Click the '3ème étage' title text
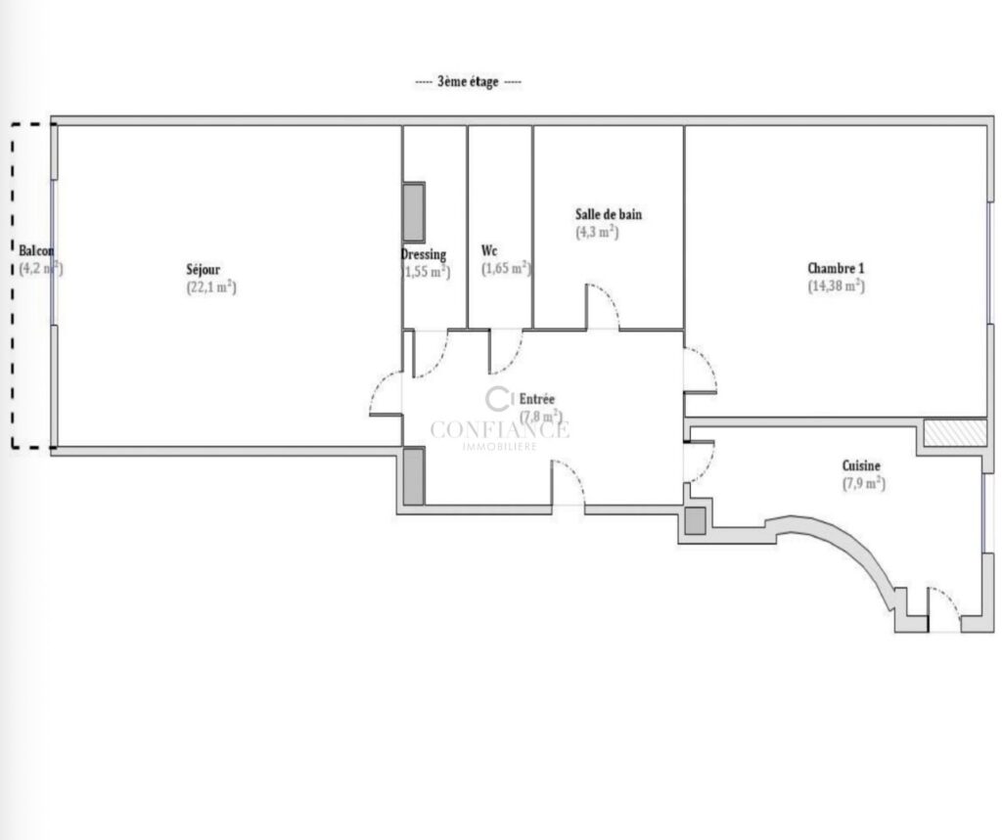point(468,82)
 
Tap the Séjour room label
point(204,269)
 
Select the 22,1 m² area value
point(211,287)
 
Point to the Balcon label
point(36,250)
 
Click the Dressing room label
point(424,254)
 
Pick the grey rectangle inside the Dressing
point(414,212)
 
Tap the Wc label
point(489,250)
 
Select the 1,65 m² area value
point(505,268)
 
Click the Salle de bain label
point(608,214)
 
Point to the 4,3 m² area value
point(596,233)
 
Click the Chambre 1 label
point(836,268)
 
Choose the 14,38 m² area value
point(836,287)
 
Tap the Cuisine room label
point(861,466)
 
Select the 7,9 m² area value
point(863,483)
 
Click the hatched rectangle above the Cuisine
point(955,431)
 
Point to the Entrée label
point(537,398)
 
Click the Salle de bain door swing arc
point(604,304)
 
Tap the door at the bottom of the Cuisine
point(943,606)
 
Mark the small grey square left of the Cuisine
point(695,522)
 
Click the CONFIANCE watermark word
point(499,429)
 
